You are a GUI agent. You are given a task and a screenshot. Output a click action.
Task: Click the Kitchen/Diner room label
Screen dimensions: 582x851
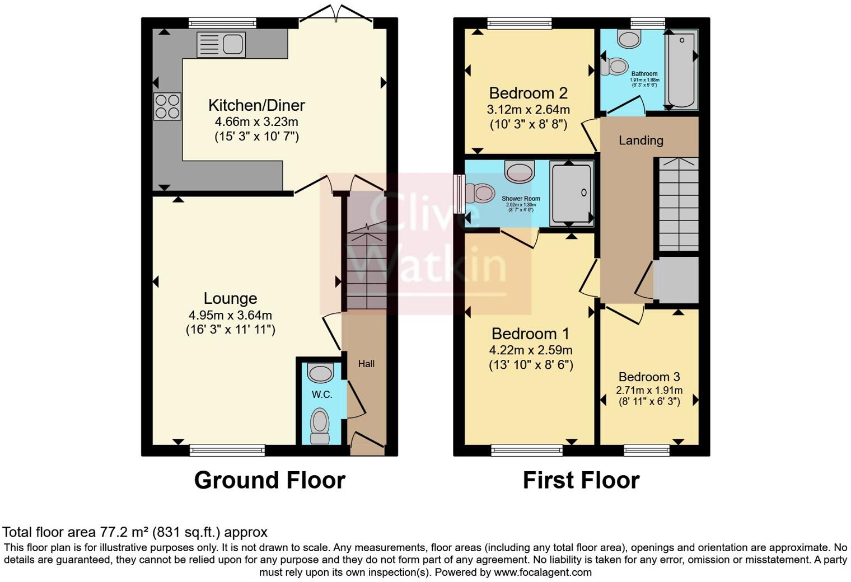[x=256, y=105]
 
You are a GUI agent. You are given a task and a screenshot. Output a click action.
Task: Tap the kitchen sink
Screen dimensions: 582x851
[x=221, y=45]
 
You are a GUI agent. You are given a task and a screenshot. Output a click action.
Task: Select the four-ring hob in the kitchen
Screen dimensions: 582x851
[x=167, y=106]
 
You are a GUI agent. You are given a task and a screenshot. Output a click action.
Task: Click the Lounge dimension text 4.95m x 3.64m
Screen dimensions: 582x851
[x=231, y=316]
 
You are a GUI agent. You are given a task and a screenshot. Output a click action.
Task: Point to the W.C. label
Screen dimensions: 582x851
[x=322, y=395]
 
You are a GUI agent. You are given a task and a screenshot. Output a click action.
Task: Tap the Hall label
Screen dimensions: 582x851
[x=366, y=364]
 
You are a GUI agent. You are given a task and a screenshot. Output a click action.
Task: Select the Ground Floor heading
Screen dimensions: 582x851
[x=269, y=480]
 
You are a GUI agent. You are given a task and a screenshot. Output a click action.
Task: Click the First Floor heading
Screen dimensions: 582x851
[x=581, y=480]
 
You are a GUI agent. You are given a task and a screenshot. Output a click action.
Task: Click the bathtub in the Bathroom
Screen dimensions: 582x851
[x=680, y=69]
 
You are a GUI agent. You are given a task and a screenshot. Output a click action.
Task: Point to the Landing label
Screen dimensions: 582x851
[x=640, y=140]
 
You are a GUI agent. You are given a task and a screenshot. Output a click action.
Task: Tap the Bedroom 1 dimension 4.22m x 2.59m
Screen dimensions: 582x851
[x=530, y=351]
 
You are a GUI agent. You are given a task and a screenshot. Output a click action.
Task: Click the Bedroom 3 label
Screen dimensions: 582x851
[x=649, y=377]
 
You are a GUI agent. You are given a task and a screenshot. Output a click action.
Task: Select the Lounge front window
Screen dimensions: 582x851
[x=227, y=449]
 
